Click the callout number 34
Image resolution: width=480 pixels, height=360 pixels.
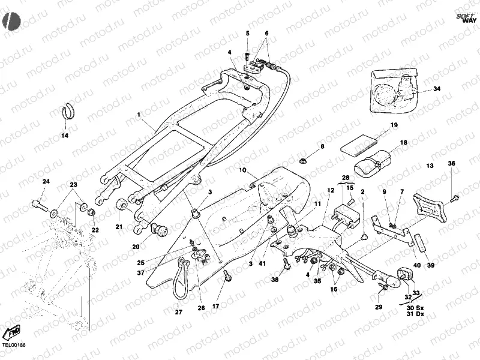coord(436,89)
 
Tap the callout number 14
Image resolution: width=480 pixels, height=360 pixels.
coord(65,135)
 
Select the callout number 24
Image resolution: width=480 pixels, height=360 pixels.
coord(46,181)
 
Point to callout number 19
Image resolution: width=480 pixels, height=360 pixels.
coord(394,125)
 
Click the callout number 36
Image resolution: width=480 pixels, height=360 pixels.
coord(452,163)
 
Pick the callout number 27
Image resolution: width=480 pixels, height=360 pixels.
coord(178,311)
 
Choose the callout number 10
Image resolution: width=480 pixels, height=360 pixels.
coord(244,170)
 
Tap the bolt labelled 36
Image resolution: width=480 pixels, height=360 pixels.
coord(454,196)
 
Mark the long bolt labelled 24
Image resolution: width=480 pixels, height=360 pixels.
coord(41,206)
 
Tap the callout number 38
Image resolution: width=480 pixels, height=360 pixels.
coord(275,279)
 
